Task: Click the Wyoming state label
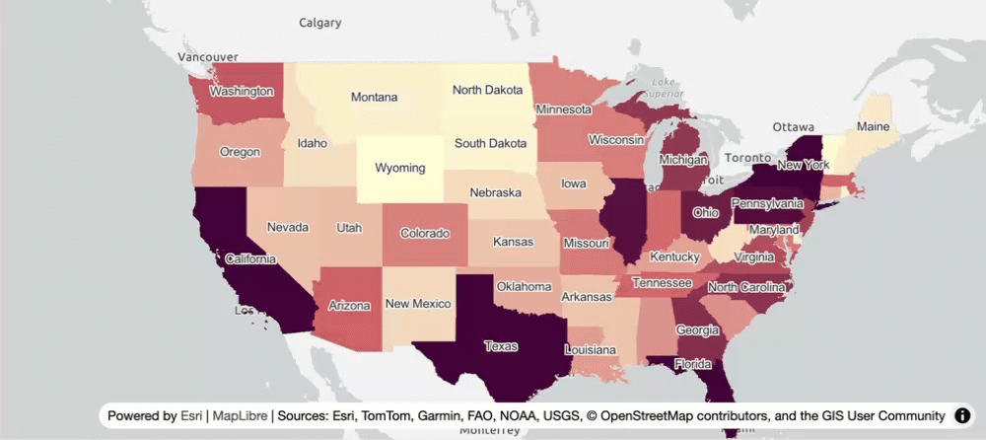tap(400, 168)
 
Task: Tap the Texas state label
tap(500, 346)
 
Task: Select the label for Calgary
tap(320, 22)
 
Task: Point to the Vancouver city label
tap(208, 57)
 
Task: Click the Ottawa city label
tap(793, 127)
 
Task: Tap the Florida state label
tap(694, 364)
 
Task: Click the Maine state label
tap(873, 127)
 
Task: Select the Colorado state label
tap(425, 234)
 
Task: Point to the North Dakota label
tap(487, 90)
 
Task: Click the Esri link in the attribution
tap(192, 416)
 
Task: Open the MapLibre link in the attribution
tap(240, 416)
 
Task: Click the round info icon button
tap(962, 416)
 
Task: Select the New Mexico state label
tap(418, 304)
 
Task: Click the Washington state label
tap(241, 91)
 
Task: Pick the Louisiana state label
tap(591, 350)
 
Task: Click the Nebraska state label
tap(495, 192)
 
